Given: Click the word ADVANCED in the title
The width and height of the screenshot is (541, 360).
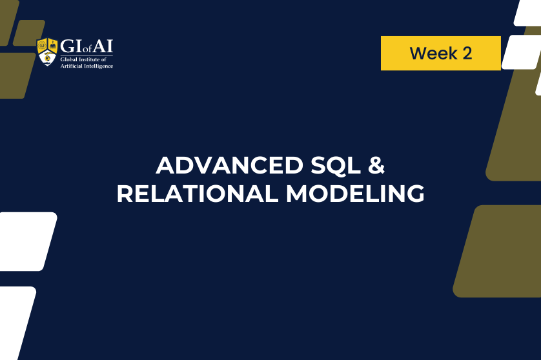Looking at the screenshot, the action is coord(229,166).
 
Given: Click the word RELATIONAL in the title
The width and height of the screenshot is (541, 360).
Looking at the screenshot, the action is coord(198,194).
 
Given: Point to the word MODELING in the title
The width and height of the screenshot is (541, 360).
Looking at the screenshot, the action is coord(355,194).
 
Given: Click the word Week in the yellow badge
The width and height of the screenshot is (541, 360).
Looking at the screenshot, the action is coord(433,54).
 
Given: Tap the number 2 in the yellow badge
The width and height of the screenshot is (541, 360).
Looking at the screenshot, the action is coord(467,54).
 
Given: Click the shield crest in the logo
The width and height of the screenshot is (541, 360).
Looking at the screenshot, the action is coord(47,52).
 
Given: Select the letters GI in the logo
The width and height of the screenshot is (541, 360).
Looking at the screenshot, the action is coord(72,46).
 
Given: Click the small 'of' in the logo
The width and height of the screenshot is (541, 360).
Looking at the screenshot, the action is coord(87,49).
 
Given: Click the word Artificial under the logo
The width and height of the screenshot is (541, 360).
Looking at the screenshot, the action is coord(72,66).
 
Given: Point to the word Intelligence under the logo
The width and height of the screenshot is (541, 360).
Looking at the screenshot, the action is coord(99,66).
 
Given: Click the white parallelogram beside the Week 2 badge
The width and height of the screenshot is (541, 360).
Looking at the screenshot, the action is coord(521,52).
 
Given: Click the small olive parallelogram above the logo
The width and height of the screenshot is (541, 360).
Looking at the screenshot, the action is coord(29,33).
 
